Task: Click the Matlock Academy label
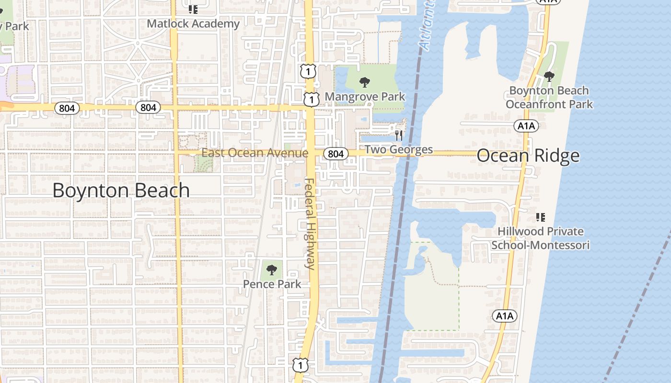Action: pyautogui.click(x=193, y=23)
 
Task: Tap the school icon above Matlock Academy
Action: pyautogui.click(x=193, y=9)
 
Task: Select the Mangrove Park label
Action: pyautogui.click(x=365, y=97)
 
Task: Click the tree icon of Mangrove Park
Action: pyautogui.click(x=365, y=82)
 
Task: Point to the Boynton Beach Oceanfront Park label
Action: pyautogui.click(x=549, y=97)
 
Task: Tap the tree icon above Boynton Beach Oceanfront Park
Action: pyautogui.click(x=549, y=76)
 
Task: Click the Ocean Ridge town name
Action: pyautogui.click(x=528, y=156)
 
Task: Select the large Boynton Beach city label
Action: pyautogui.click(x=121, y=190)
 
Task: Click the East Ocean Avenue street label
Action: pyautogui.click(x=255, y=153)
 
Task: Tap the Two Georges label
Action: pyautogui.click(x=398, y=150)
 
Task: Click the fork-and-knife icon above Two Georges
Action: pyautogui.click(x=398, y=135)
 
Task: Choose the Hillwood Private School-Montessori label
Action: pyautogui.click(x=540, y=238)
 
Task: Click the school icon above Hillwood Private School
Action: pyautogui.click(x=541, y=217)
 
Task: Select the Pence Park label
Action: pyautogui.click(x=272, y=284)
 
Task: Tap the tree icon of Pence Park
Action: pyautogui.click(x=272, y=270)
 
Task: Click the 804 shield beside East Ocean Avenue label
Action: pyautogui.click(x=335, y=154)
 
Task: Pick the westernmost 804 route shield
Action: pyautogui.click(x=67, y=108)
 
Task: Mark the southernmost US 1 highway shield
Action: pyautogui.click(x=301, y=365)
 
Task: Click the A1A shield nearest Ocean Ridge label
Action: pyautogui.click(x=526, y=126)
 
